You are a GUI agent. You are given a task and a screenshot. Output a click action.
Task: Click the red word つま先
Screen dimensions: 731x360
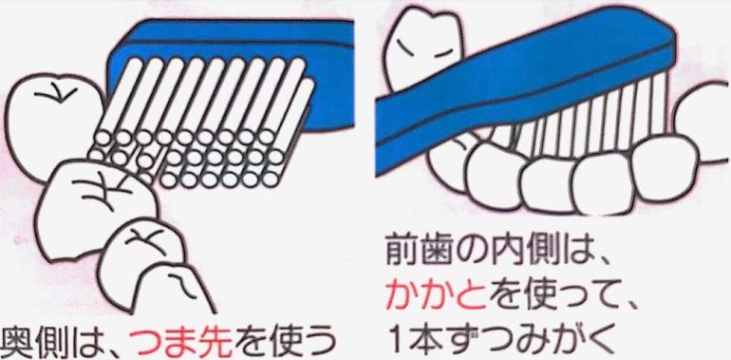(x=181, y=342)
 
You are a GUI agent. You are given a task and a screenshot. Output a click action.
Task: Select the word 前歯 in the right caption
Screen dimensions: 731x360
(x=419, y=254)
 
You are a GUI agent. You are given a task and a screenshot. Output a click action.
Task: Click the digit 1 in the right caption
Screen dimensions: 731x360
(x=395, y=339)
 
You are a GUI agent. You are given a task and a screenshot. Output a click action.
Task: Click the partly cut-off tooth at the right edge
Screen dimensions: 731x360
(x=703, y=123)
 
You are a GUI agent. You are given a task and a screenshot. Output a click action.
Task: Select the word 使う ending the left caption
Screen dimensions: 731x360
(x=304, y=343)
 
